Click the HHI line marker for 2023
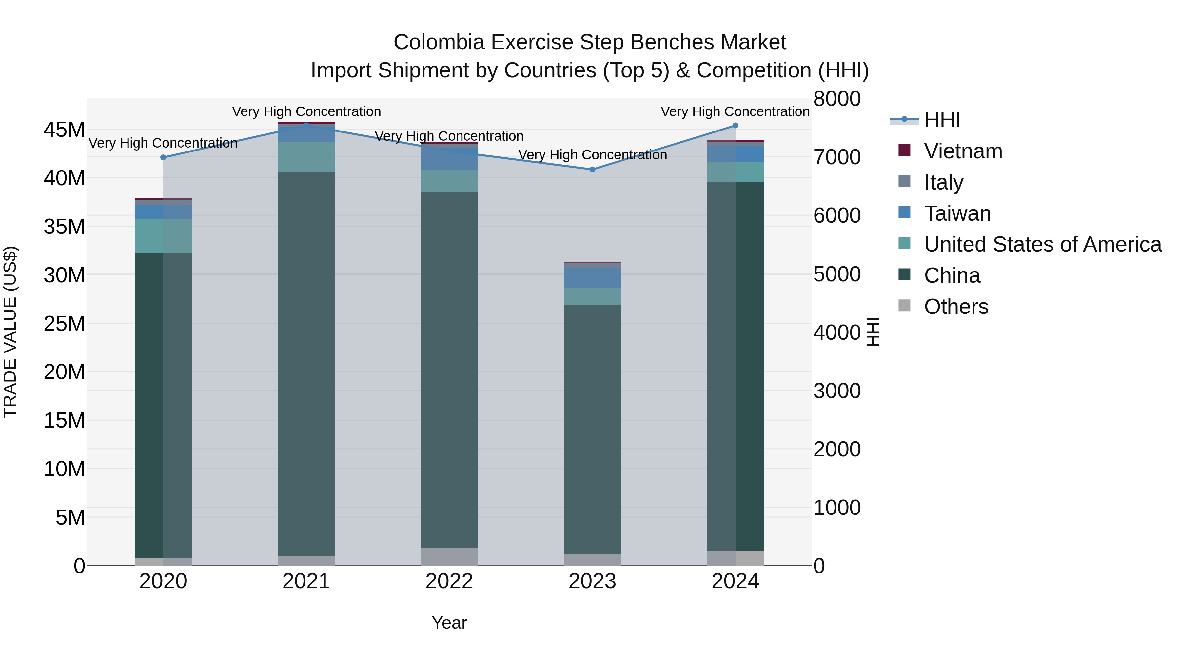tap(592, 170)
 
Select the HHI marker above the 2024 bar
tap(735, 126)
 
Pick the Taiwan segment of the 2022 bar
tap(449, 159)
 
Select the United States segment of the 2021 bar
tap(306, 157)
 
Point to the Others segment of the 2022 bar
tap(449, 556)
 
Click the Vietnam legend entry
tap(963, 151)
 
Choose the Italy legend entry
tap(944, 182)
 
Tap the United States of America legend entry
tap(1042, 244)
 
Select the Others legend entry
tap(956, 307)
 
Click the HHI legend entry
tap(942, 120)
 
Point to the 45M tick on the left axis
tap(64, 130)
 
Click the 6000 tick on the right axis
tap(837, 216)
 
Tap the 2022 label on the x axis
tap(449, 581)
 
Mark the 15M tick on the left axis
tap(64, 421)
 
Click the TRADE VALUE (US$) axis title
tap(10, 332)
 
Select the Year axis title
tap(449, 623)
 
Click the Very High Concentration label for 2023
tap(592, 155)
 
